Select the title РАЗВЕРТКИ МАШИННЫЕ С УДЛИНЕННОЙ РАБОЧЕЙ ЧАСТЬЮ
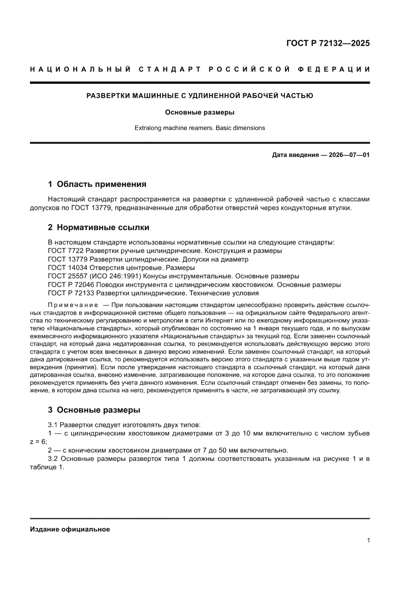tap(200, 95)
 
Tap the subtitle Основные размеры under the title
tap(200, 112)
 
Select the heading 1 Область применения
tap(97, 184)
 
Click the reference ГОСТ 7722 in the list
tap(66, 251)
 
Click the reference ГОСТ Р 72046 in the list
tap(71, 285)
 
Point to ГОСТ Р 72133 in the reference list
tap(71, 293)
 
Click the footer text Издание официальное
tap(70, 529)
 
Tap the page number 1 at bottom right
tap(368, 541)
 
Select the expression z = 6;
tap(39, 442)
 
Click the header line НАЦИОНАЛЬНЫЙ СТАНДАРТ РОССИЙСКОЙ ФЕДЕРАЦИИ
tap(200, 69)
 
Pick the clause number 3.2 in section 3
tap(53, 459)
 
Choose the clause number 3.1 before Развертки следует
tap(53, 424)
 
